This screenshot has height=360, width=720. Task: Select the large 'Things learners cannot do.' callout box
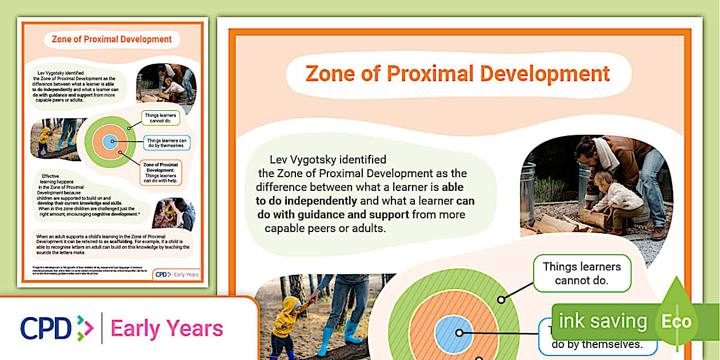(581, 273)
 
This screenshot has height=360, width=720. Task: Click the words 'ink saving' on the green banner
(602, 321)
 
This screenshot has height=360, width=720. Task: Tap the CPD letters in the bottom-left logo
(46, 329)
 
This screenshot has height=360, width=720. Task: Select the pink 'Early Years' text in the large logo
(167, 329)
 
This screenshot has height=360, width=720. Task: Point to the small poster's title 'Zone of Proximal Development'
(111, 39)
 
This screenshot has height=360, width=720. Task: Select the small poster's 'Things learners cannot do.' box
(160, 118)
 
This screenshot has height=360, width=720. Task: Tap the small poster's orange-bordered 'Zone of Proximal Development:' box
(161, 172)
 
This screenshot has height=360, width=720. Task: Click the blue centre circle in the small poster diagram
(110, 141)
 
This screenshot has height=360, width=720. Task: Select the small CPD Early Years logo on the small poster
(177, 274)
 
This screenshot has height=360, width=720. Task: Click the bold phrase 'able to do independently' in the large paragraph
(307, 201)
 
